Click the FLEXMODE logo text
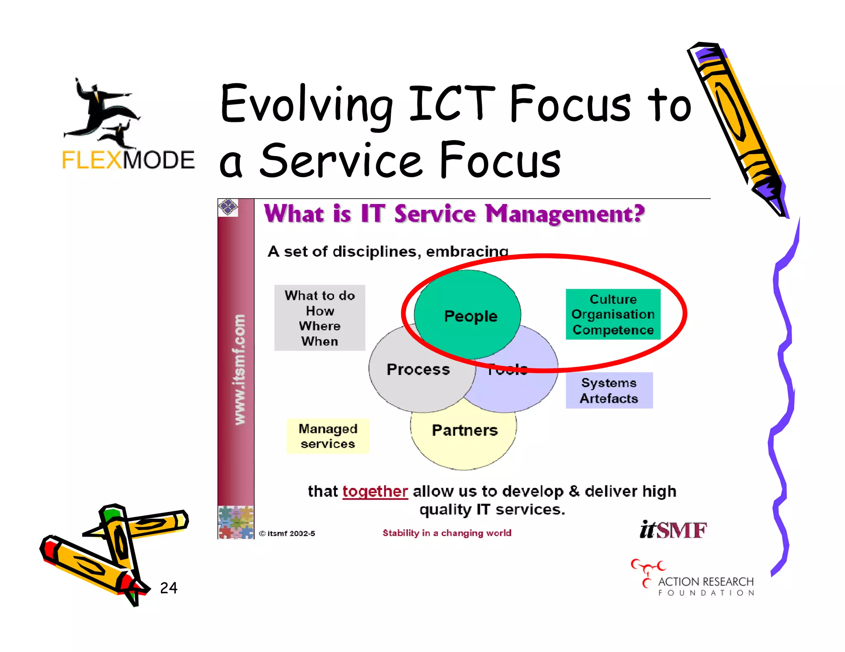128,160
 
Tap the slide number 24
168,588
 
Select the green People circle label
471,316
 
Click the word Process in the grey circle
418,369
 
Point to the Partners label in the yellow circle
465,430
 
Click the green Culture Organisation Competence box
613,314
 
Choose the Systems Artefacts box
609,390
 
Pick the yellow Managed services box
328,436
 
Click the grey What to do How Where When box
320,318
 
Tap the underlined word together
375,491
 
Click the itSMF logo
673,530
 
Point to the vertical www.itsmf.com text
239,369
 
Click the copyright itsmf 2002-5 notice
287,533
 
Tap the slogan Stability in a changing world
447,533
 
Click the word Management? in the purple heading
564,214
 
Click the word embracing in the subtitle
467,251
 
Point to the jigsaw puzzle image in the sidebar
236,522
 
